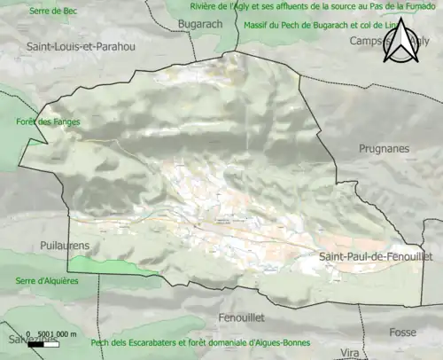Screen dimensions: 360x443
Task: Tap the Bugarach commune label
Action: [x=199, y=23]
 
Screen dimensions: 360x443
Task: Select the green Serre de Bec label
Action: [x=52, y=11]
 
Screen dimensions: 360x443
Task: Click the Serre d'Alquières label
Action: [x=47, y=281]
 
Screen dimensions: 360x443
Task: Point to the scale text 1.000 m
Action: [x=62, y=333]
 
